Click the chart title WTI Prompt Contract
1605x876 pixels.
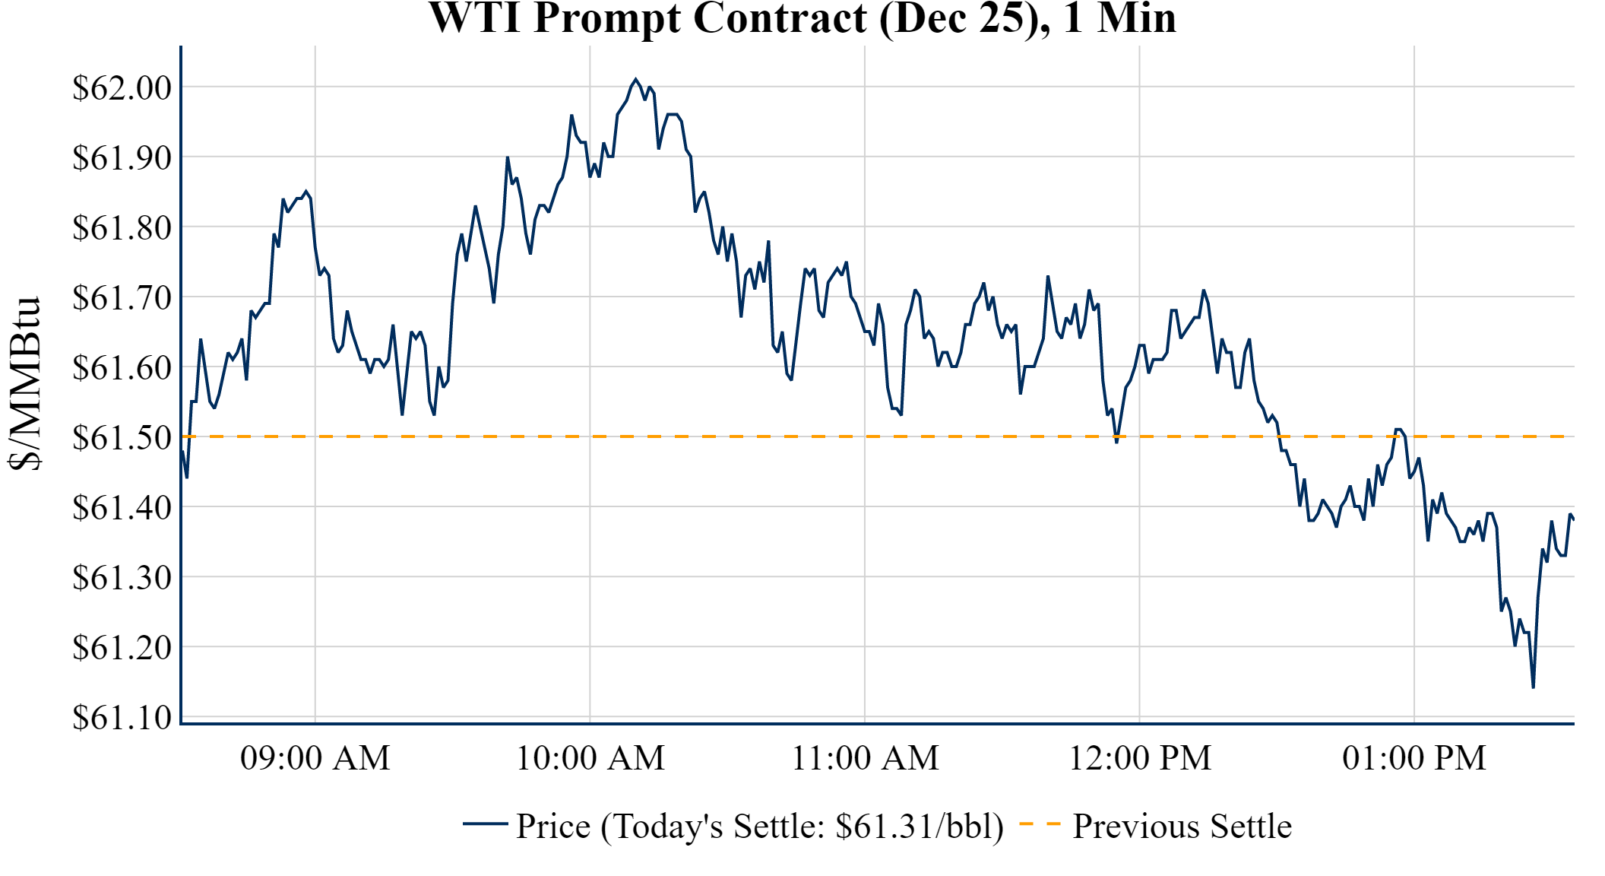coord(802,18)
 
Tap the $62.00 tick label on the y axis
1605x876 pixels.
coord(122,87)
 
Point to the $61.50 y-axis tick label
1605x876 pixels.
coord(122,437)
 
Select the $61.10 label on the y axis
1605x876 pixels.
coord(122,717)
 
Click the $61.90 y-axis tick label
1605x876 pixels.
coord(122,157)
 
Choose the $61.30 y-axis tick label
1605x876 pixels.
coord(122,577)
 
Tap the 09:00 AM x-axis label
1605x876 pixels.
coord(315,758)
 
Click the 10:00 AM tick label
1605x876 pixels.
coord(590,758)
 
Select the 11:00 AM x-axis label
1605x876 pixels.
coord(866,758)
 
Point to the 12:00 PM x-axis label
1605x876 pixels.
coord(1140,758)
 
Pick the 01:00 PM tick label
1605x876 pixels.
coord(1414,758)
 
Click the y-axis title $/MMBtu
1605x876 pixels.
coord(25,384)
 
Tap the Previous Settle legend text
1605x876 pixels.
coord(1182,827)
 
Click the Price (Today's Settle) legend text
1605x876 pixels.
coord(760,827)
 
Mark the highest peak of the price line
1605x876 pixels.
coord(636,79)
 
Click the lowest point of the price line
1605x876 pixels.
coord(1534,687)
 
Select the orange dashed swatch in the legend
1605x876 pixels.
coord(1040,824)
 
